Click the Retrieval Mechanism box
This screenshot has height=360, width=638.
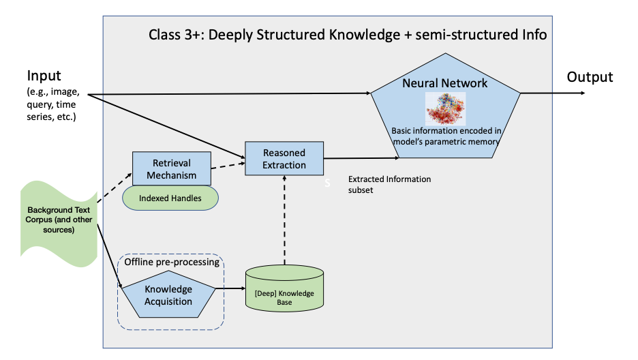(171, 168)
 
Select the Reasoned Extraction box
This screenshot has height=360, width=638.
(284, 158)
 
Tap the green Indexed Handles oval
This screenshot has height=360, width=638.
(171, 198)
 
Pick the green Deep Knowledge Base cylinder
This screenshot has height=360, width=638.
(283, 290)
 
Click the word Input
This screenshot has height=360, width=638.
(44, 76)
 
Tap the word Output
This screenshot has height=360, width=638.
(590, 77)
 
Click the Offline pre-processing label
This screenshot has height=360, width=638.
(172, 262)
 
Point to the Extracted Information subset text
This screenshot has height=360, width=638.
(389, 185)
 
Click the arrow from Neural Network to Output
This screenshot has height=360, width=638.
(552, 93)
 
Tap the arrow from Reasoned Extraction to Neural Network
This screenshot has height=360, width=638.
(361, 158)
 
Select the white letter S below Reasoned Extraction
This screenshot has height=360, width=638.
(326, 183)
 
